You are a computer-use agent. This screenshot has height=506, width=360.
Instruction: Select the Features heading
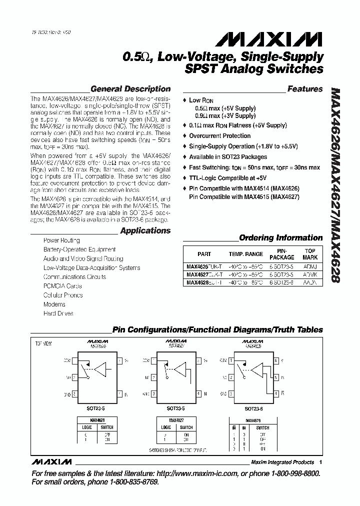305,89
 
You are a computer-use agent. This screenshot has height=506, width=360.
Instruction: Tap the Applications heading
145,231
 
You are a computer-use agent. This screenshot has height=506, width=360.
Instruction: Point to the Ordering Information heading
281,238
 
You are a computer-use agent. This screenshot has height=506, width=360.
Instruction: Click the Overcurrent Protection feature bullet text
220,136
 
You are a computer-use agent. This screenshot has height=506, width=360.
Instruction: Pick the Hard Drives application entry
58,313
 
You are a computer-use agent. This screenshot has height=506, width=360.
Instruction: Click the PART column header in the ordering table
204,254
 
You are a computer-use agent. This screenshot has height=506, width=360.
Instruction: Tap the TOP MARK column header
310,254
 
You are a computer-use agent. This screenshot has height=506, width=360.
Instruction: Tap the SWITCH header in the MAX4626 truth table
106,427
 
